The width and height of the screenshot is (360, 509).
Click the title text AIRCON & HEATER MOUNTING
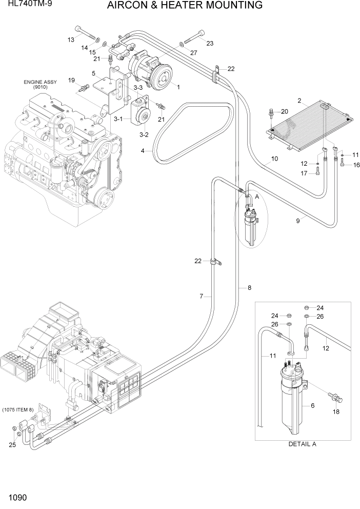coord(185,6)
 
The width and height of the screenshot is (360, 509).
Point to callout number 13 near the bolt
coord(71,40)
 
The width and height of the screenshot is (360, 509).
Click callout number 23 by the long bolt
coord(209,43)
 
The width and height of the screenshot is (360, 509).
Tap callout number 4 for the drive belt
coord(144,151)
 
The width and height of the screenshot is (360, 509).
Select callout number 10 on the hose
coord(274,159)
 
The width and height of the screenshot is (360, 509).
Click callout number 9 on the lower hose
coord(297,221)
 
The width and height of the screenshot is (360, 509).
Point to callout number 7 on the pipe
coord(202,296)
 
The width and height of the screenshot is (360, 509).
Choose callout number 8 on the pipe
coord(249,288)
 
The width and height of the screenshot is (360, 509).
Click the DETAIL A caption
coord(302,444)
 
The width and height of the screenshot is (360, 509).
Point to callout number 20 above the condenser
coord(285,111)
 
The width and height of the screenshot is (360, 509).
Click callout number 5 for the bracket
coord(94,74)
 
